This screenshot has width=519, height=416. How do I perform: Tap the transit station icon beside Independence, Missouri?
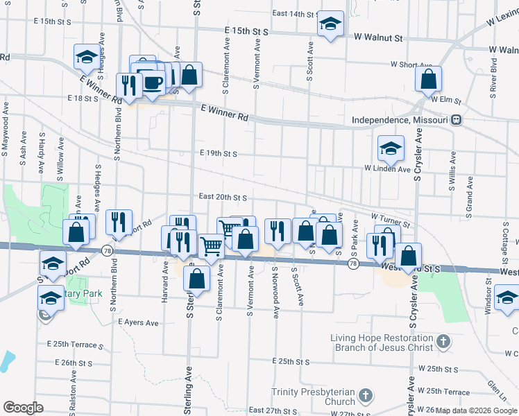click(x=456, y=119)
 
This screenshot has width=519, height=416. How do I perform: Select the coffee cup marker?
click(x=153, y=83)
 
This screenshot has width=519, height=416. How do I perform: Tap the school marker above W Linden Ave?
click(x=391, y=148)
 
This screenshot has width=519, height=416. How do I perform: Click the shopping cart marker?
click(x=212, y=245)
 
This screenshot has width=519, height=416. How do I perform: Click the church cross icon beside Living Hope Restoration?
click(x=444, y=343)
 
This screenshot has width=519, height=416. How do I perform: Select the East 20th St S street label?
click(x=223, y=197)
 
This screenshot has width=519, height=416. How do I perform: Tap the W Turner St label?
click(x=391, y=220)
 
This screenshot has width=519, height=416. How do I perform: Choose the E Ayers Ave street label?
click(x=139, y=322)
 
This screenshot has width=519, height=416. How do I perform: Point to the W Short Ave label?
click(x=411, y=64)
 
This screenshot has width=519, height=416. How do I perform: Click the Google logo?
click(x=24, y=408)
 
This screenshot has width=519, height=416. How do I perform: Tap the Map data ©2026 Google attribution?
click(x=476, y=410)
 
